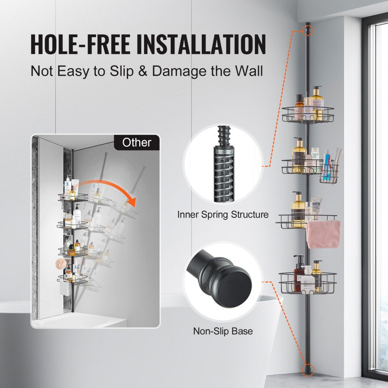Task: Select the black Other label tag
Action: coord(137,142)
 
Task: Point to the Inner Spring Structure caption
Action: coord(223,215)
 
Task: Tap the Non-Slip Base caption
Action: coord(223,331)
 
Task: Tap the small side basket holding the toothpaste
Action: coord(329,174)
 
